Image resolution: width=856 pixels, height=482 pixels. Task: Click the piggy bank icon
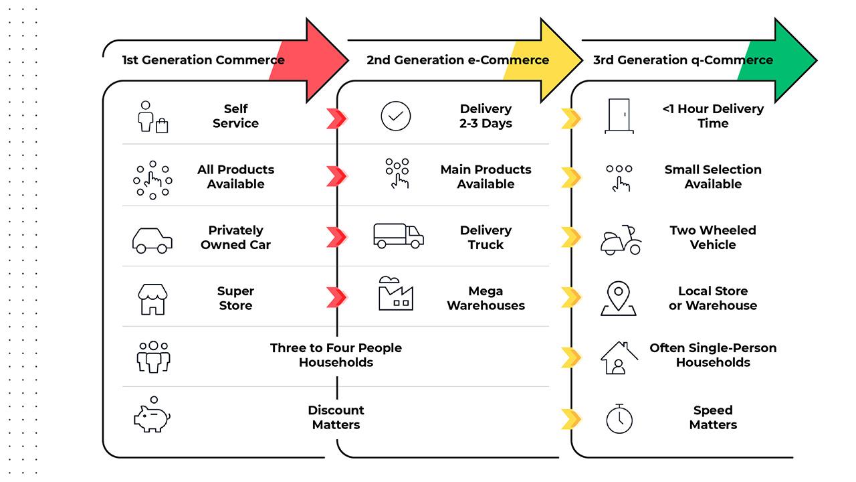[152, 417]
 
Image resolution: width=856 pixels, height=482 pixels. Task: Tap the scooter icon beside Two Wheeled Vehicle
[620, 240]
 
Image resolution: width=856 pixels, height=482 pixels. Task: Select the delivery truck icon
[398, 236]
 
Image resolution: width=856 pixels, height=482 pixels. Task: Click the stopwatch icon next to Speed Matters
[619, 418]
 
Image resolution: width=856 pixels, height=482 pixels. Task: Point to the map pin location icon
[619, 298]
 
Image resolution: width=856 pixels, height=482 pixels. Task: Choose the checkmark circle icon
[395, 116]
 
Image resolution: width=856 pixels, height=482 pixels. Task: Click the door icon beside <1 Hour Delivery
[619, 116]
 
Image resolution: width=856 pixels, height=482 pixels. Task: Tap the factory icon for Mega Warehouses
[395, 295]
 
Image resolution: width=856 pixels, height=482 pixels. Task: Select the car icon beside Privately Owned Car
[152, 239]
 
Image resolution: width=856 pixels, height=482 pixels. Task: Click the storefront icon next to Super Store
[152, 299]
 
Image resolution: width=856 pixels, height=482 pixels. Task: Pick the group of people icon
[153, 356]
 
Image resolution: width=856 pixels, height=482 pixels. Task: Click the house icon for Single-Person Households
[619, 357]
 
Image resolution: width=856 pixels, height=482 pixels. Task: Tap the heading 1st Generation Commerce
[203, 60]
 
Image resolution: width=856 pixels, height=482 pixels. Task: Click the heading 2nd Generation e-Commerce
[457, 60]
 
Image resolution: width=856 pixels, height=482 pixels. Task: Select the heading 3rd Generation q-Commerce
[683, 60]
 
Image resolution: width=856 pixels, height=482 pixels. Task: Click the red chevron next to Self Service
[336, 118]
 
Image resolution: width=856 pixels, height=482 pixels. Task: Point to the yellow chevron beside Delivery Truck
[570, 237]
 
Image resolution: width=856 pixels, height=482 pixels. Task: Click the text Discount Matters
[336, 417]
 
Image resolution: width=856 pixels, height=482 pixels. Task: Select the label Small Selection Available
[713, 177]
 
